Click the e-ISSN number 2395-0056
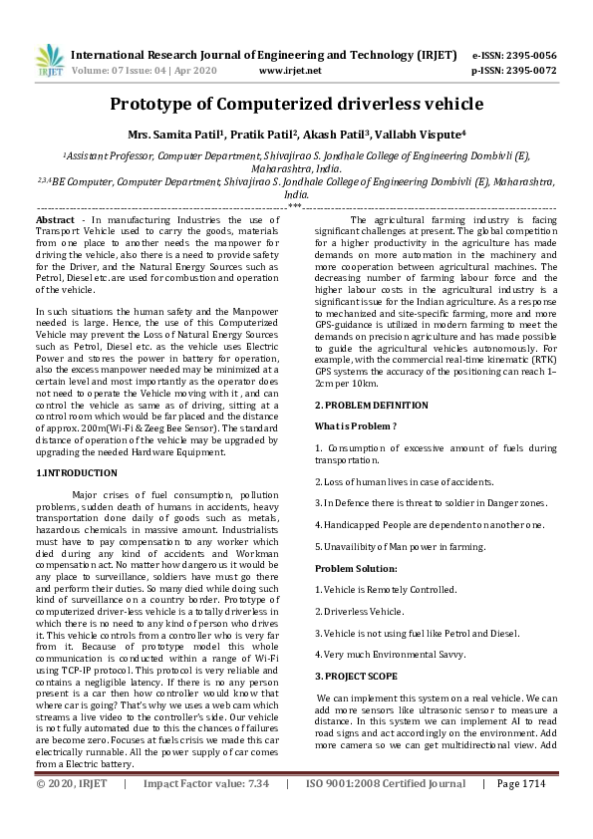(527, 55)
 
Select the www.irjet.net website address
(289, 71)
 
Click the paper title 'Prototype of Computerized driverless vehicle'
(296, 104)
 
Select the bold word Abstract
(54, 219)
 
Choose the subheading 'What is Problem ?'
(356, 426)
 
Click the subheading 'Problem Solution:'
(356, 568)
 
